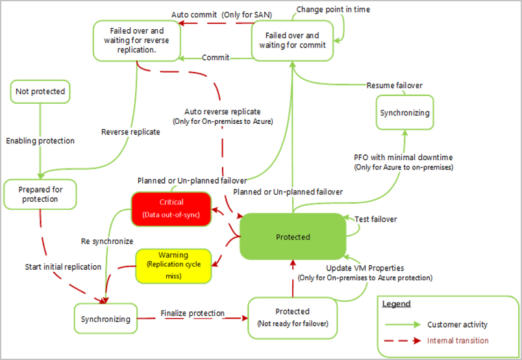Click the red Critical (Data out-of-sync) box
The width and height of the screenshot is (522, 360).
pyautogui.click(x=171, y=209)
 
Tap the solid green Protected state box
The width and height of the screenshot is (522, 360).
pyautogui.click(x=292, y=237)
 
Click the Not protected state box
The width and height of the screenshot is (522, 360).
pyautogui.click(x=40, y=92)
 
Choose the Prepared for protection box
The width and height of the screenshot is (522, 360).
pyautogui.click(x=40, y=194)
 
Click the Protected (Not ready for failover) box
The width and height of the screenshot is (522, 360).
pyautogui.click(x=292, y=317)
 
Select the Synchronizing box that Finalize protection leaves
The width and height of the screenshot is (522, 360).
pyautogui.click(x=105, y=318)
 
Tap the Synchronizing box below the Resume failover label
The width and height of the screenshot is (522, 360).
pyautogui.click(x=404, y=113)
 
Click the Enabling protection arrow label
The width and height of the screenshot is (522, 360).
pyautogui.click(x=40, y=141)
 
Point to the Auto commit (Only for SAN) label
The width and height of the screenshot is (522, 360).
pyautogui.click(x=221, y=14)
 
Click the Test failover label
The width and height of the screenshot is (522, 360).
pyautogui.click(x=376, y=219)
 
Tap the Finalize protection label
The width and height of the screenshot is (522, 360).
pyautogui.click(x=192, y=314)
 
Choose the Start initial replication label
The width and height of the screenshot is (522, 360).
pyautogui.click(x=63, y=267)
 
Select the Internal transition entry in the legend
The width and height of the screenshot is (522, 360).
pyautogui.click(x=458, y=341)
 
